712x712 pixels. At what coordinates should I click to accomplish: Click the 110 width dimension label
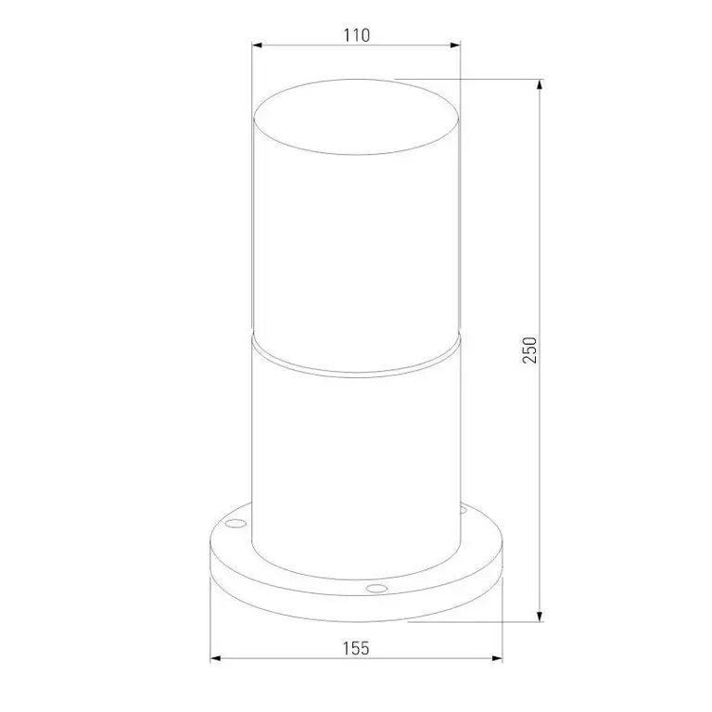[x=356, y=35]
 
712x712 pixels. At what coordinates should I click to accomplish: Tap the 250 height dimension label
[x=529, y=350]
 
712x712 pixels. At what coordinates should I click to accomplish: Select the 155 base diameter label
[x=356, y=648]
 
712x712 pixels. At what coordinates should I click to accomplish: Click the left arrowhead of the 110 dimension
[x=258, y=44]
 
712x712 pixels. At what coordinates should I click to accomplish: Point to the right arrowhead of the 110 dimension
[x=455, y=44]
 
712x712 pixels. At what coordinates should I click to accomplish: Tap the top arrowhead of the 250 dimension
[x=540, y=85]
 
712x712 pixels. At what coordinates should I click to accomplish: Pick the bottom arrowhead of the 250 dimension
[x=540, y=616]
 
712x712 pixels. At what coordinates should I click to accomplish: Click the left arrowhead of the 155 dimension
[x=216, y=658]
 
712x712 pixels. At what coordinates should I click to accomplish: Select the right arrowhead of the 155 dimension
[x=497, y=658]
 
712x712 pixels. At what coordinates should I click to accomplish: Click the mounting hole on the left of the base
[x=236, y=524]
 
